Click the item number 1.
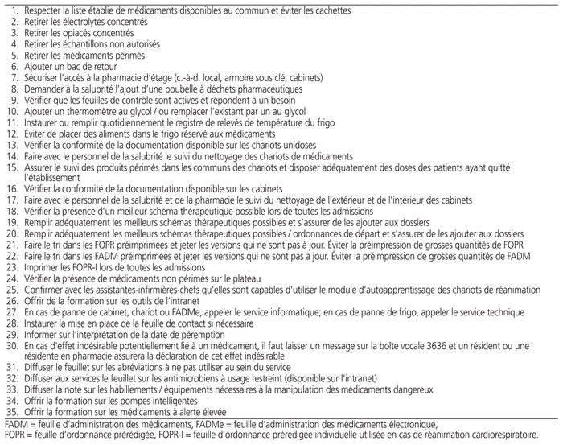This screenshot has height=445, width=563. [x=9, y=10]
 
